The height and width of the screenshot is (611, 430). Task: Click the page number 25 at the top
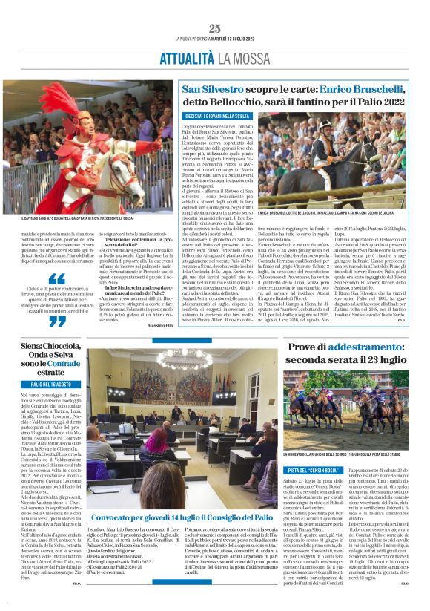(215, 29)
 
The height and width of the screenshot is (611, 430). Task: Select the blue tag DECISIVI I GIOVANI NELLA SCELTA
(215, 117)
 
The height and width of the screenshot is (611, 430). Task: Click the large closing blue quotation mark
(56, 321)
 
